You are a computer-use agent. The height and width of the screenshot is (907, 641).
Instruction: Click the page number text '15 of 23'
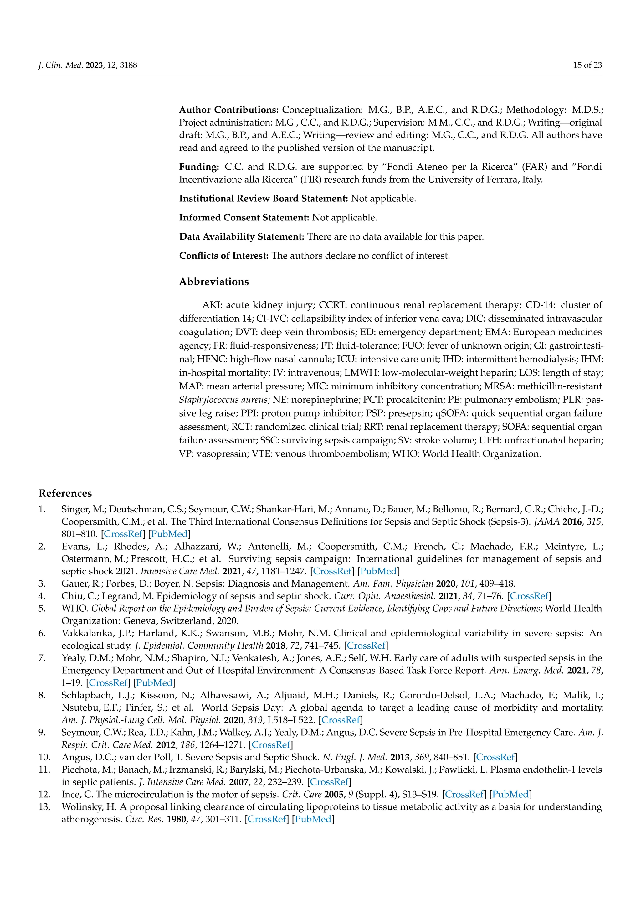pyautogui.click(x=587, y=65)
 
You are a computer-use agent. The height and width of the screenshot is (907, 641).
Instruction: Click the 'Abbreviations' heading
pyautogui.click(x=214, y=282)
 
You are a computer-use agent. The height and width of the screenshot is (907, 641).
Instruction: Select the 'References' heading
pyautogui.click(x=65, y=493)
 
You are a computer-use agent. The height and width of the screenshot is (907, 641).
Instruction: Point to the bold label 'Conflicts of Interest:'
pyautogui.click(x=224, y=256)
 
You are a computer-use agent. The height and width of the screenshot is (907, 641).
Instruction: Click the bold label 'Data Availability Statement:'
pyautogui.click(x=242, y=237)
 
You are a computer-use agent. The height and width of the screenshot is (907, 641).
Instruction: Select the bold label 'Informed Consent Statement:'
pyautogui.click(x=244, y=218)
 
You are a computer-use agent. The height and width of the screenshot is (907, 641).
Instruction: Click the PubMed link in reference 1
pyautogui.click(x=169, y=534)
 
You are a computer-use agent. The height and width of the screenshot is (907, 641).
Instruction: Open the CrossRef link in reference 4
pyautogui.click(x=529, y=596)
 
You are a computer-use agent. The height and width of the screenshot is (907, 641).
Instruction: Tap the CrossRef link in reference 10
pyautogui.click(x=495, y=757)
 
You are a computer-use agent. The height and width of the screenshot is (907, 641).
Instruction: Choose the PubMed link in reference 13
pyautogui.click(x=313, y=819)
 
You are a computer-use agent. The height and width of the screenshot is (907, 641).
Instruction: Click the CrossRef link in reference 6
pyautogui.click(x=366, y=646)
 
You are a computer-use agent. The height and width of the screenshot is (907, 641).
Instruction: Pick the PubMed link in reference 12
pyautogui.click(x=510, y=795)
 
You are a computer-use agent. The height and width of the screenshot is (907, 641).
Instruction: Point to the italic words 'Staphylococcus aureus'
pyautogui.click(x=223, y=400)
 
